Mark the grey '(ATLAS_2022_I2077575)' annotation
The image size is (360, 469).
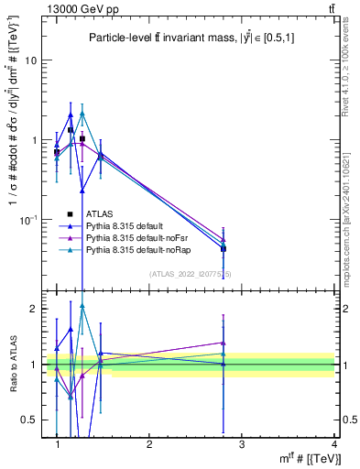[x=191, y=272]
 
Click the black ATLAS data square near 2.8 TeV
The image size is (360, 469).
[x=223, y=248]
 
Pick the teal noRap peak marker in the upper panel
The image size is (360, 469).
[x=82, y=114]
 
